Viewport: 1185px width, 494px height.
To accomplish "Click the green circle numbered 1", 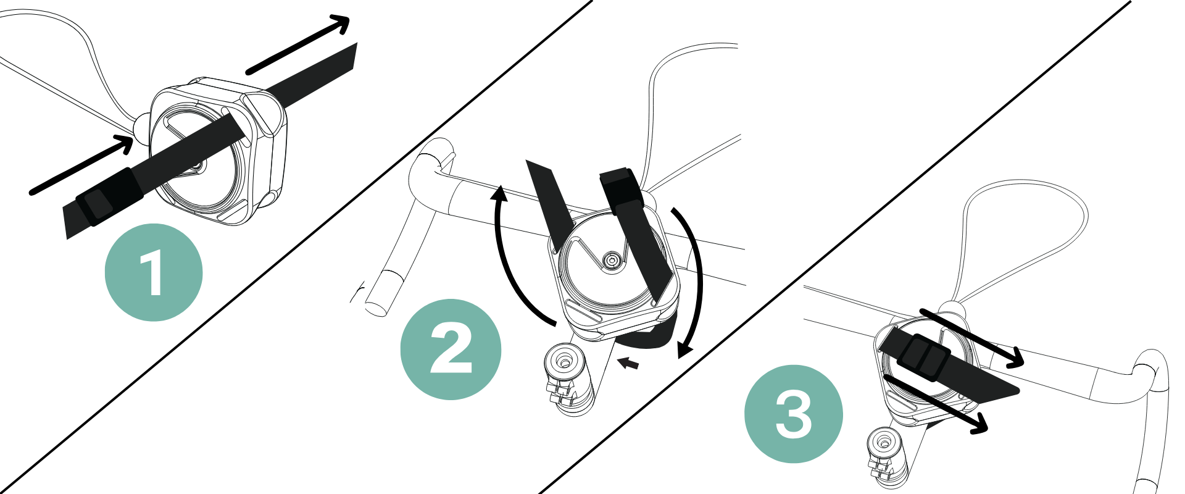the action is click(x=154, y=272).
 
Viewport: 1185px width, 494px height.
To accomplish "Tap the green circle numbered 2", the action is click(x=451, y=350).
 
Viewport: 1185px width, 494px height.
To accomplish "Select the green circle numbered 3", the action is click(x=794, y=414).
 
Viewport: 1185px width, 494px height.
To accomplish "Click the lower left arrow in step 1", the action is click(x=81, y=165).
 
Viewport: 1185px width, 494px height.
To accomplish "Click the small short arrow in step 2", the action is click(x=628, y=363).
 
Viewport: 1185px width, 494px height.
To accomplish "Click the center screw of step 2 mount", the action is click(x=612, y=261).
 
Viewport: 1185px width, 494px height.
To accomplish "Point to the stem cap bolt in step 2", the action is click(x=564, y=358).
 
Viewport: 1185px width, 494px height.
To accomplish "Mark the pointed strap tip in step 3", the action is click(x=1017, y=390).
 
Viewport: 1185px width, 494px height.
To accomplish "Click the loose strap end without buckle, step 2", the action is click(x=549, y=204).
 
